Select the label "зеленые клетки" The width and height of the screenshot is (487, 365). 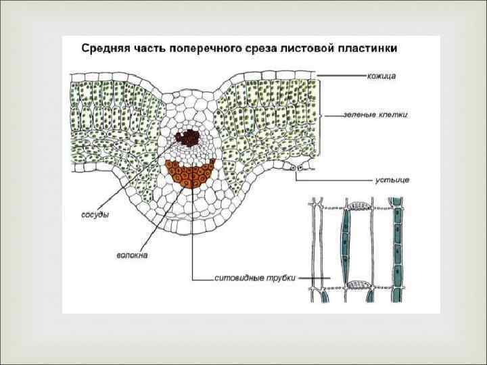pyautogui.click(x=384, y=115)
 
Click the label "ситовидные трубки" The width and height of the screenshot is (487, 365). pyautogui.click(x=255, y=277)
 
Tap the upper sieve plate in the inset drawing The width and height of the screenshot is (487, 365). pyautogui.click(x=358, y=204)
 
